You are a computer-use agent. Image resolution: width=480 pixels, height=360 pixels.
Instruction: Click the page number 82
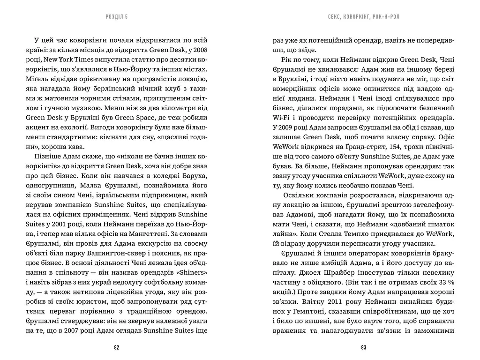pyautogui.click(x=117, y=347)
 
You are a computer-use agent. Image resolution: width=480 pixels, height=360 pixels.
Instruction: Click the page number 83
pyautogui.click(x=363, y=347)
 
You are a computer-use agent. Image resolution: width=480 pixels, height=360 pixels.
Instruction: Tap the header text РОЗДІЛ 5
pyautogui.click(x=117, y=16)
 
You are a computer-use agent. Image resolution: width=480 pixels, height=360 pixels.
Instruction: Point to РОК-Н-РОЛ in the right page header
pyautogui.click(x=390, y=16)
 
